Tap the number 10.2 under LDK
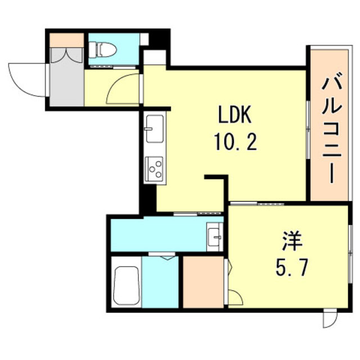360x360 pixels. point(235,141)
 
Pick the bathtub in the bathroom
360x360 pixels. point(126,285)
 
